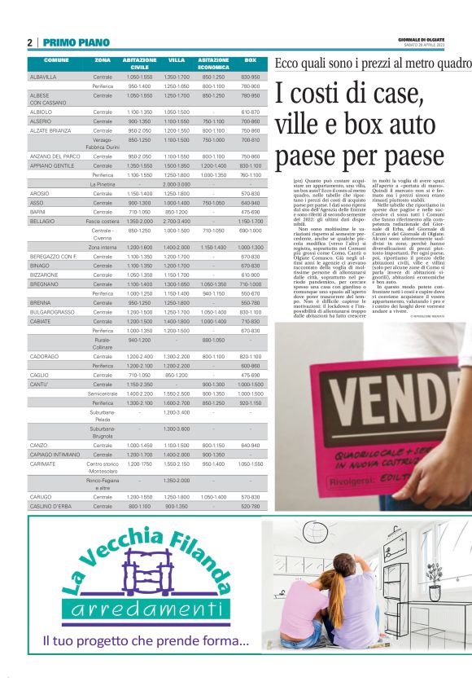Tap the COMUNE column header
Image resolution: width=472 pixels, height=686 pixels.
[x=56, y=60]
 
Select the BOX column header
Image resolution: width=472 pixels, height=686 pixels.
[x=251, y=60]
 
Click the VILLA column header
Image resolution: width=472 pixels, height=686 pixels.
[x=177, y=60]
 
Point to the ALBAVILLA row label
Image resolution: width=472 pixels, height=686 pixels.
[x=43, y=77]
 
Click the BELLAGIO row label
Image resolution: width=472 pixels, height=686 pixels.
[x=42, y=221]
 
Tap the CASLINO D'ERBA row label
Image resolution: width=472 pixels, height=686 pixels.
[x=51, y=506]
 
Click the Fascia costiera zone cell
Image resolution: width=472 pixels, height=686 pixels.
[x=103, y=221]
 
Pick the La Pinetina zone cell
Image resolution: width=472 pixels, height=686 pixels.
[x=103, y=184]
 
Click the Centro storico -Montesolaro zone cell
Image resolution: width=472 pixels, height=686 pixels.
[x=103, y=466]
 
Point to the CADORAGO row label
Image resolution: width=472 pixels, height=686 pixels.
[x=44, y=356]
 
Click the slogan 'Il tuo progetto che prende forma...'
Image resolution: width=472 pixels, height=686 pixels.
[x=146, y=643]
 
